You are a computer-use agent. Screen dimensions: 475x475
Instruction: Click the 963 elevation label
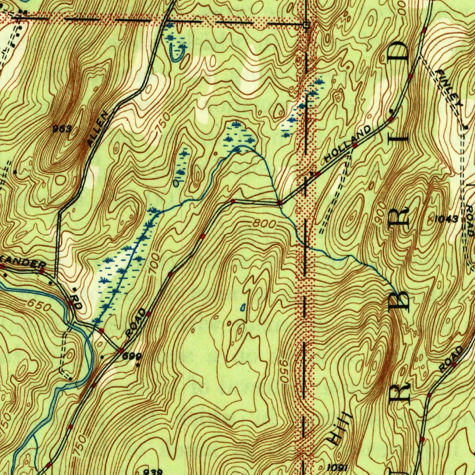tap(62, 129)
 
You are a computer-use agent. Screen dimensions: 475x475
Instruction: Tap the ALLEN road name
tap(98, 129)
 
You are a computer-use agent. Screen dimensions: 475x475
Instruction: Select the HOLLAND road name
tap(348, 143)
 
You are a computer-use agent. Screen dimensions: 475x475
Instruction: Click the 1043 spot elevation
tap(447, 218)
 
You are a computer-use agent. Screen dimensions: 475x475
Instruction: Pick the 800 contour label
tap(265, 224)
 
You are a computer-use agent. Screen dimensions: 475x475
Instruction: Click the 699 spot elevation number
tap(131, 356)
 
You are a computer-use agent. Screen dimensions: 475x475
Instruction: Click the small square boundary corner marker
tap(306, 25)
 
